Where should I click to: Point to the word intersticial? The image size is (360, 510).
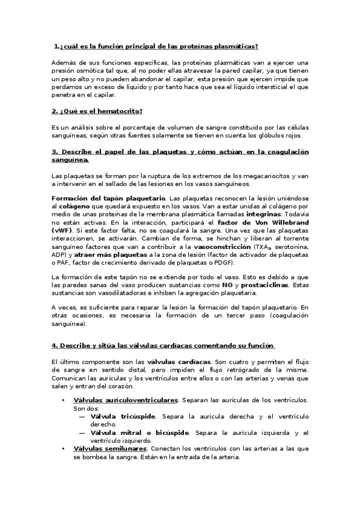point(271,87)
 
